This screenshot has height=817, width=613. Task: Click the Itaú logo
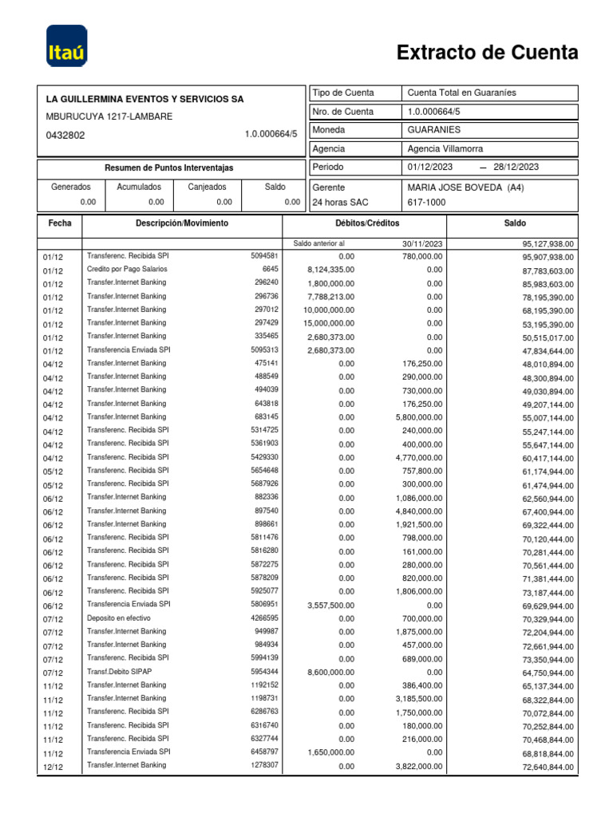pos(67,46)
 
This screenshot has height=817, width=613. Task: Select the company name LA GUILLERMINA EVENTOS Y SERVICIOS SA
pos(145,100)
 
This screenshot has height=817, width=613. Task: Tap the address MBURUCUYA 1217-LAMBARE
pos(109,116)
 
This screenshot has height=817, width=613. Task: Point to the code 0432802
pos(66,136)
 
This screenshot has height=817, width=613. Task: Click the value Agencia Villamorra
pos(445,148)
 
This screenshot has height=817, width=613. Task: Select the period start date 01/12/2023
pos(430,167)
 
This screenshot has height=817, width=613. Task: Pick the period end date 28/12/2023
pos(516,167)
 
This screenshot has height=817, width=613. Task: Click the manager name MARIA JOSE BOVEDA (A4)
pos(465,187)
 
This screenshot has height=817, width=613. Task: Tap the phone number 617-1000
pos(426,203)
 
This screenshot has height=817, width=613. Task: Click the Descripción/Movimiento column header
pos(181,224)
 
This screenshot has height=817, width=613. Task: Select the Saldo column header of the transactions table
pos(514,224)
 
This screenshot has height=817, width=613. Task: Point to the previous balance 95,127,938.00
pos(548,244)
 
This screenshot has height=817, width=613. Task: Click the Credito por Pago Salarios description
pos(127,270)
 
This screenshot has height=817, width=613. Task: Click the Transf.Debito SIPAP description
pos(119,672)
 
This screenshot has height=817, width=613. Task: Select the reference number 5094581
pos(264,256)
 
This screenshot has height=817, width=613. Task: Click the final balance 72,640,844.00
pos(548,767)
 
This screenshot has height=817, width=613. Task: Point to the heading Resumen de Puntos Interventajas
pos(169,168)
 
